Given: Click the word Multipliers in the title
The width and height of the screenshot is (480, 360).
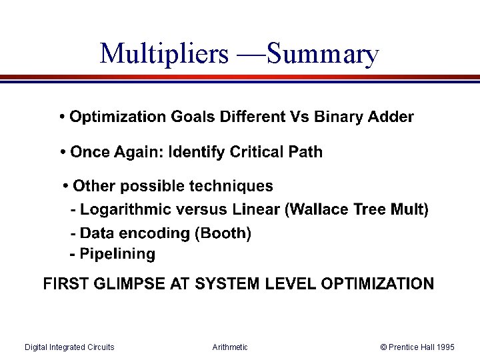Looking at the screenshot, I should point(163,54).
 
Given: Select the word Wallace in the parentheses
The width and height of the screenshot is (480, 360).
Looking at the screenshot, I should point(319,210).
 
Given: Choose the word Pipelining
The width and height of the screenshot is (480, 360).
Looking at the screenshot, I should point(117,254).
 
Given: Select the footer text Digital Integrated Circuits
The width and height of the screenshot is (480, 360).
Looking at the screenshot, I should point(69,347).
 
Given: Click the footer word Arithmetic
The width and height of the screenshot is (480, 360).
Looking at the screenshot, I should point(230,347).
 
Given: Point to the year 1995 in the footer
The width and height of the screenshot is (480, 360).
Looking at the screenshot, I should point(445,347).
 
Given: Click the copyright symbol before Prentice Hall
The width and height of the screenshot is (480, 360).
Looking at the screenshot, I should point(383,347).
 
